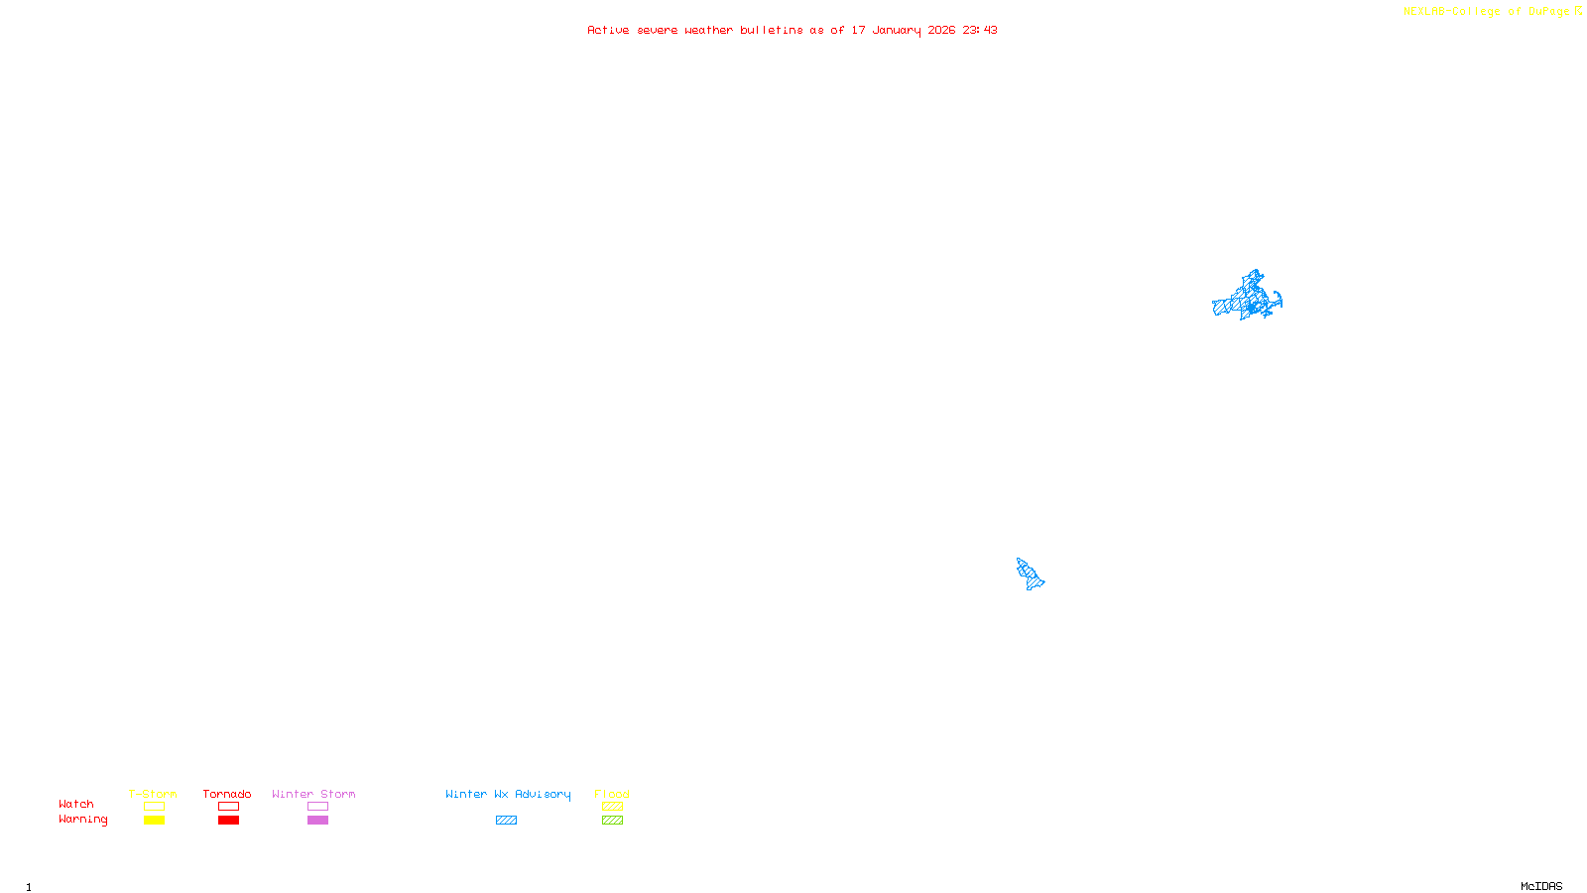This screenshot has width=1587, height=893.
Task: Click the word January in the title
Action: coord(896,30)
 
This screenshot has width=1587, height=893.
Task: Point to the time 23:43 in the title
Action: coord(979,30)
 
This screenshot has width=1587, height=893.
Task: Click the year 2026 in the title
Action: coord(941,30)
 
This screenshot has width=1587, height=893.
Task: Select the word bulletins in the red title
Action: coord(771,30)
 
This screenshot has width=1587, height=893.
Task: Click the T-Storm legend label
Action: coord(153,794)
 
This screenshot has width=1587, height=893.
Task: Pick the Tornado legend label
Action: coord(227,794)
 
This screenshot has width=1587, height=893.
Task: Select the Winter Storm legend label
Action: coord(313,794)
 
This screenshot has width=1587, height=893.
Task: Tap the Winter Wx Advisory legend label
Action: coord(508,794)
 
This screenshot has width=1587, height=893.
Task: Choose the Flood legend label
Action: coord(612,794)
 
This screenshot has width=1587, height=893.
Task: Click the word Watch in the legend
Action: coord(76,804)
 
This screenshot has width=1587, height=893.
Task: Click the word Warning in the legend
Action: coord(82,820)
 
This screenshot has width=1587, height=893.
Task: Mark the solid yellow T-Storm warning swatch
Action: coord(154,821)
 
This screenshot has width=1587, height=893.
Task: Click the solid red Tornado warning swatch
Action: coord(228,821)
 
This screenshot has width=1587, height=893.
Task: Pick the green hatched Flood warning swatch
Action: coord(612,821)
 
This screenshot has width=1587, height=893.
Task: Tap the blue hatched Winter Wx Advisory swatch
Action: coord(506,821)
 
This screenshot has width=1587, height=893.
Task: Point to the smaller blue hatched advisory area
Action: coord(1031,574)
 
